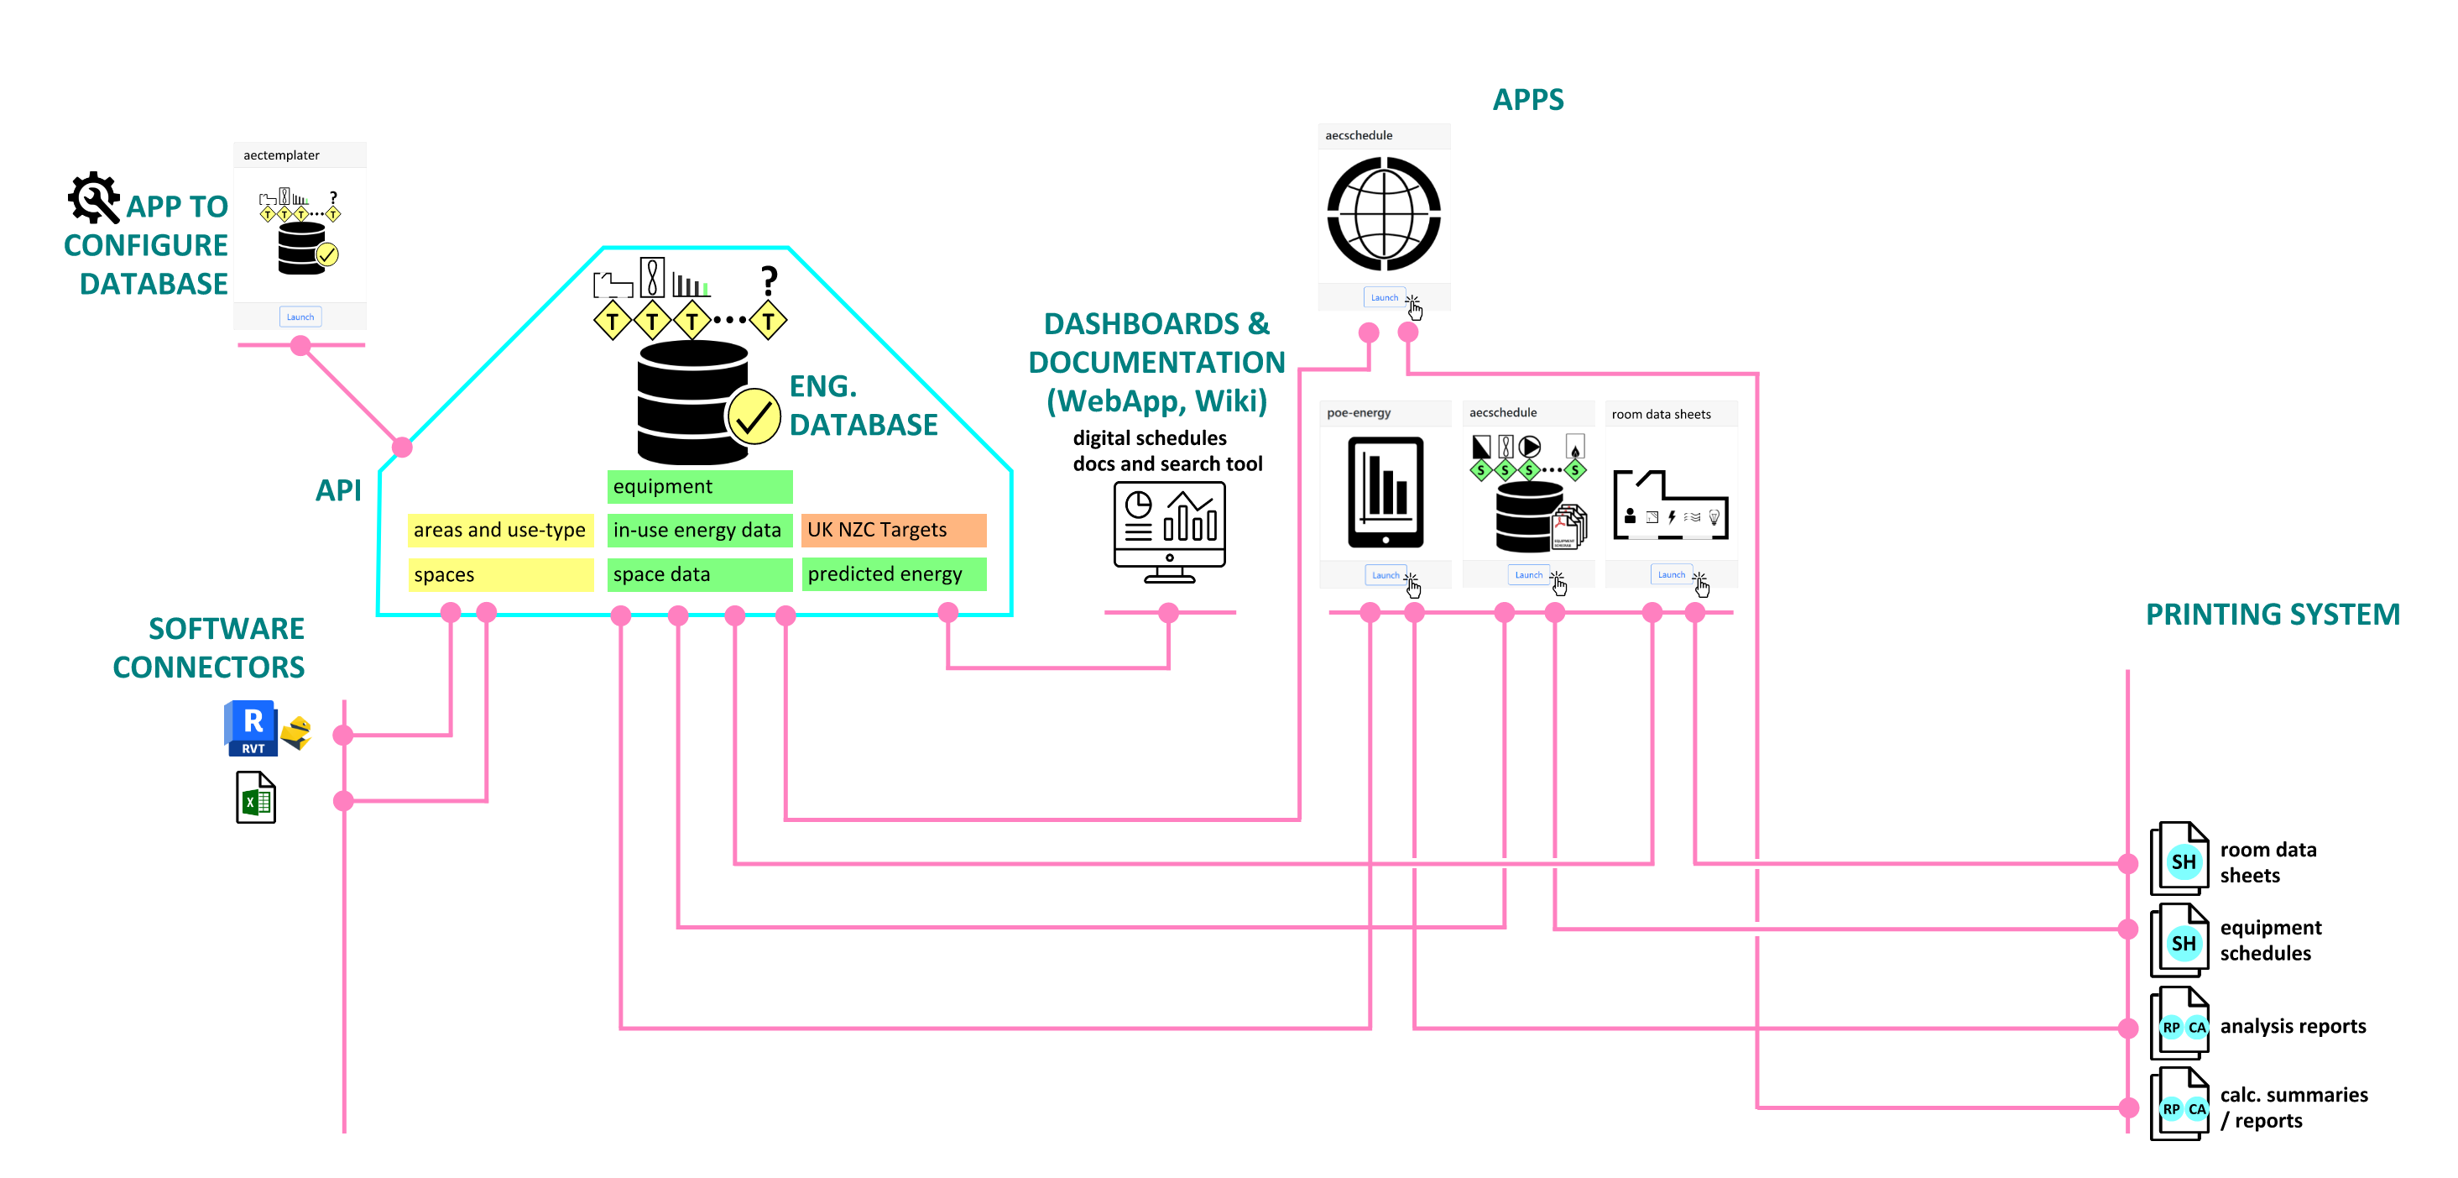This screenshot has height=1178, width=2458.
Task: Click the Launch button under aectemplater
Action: (300, 317)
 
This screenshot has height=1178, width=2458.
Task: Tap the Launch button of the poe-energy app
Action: (1385, 574)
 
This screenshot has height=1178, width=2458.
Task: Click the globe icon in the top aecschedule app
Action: (1384, 214)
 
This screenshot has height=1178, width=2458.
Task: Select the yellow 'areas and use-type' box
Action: (500, 530)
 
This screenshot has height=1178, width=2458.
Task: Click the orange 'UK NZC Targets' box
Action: (893, 530)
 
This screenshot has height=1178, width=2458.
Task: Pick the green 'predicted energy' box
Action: (893, 573)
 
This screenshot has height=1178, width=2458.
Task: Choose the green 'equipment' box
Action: (699, 486)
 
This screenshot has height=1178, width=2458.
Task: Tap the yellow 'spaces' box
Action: (500, 574)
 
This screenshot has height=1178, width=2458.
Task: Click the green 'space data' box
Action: (699, 574)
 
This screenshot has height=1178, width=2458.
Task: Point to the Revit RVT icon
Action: (252, 728)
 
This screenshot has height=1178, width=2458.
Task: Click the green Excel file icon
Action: (256, 798)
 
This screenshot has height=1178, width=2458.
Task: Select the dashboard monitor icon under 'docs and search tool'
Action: (1169, 531)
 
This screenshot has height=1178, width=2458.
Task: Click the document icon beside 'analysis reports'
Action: (2180, 1024)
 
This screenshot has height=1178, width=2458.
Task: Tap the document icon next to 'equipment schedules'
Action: (2180, 941)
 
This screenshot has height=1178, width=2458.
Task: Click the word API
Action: (338, 490)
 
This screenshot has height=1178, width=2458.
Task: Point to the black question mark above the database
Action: (769, 280)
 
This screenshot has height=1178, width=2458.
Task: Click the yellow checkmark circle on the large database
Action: (754, 417)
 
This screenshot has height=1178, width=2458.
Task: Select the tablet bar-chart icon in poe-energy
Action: (1386, 492)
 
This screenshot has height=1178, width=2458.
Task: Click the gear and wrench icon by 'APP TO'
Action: (93, 197)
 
